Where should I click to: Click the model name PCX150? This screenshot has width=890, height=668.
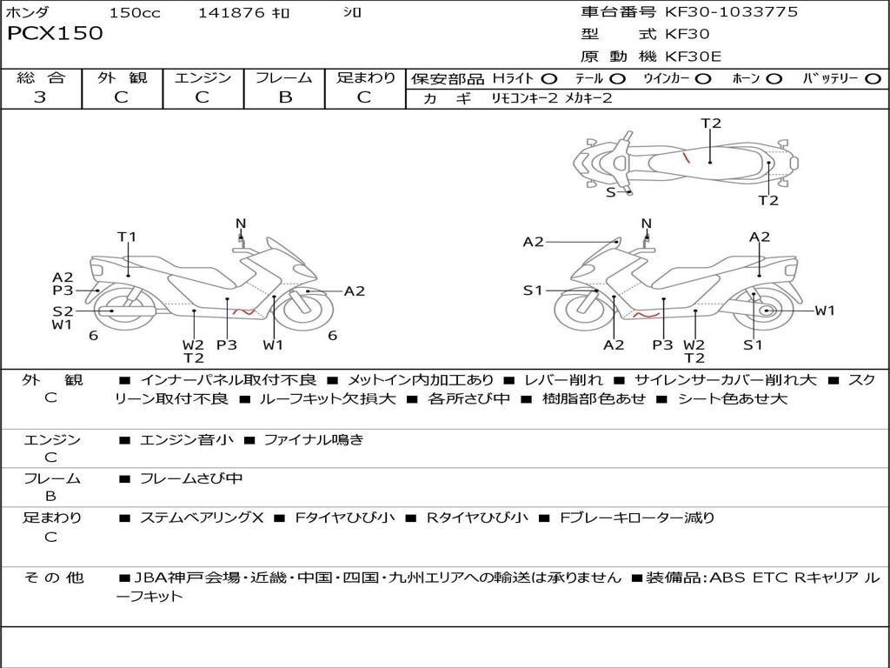[x=55, y=34]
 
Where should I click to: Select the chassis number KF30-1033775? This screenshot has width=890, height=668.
[x=731, y=12]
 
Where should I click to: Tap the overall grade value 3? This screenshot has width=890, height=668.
[x=40, y=97]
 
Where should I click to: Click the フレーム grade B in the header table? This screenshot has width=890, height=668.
[x=285, y=97]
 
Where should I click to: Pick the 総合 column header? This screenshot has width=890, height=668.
[x=40, y=78]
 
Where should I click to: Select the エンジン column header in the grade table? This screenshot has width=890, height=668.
[x=203, y=78]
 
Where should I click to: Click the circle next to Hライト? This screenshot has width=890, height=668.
[x=548, y=79]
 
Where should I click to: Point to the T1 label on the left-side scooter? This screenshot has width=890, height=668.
[x=127, y=237]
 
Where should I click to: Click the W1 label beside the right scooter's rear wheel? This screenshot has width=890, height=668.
[x=824, y=311]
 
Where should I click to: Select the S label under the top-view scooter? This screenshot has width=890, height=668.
[x=610, y=192]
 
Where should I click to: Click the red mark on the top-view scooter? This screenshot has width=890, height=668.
[x=687, y=158]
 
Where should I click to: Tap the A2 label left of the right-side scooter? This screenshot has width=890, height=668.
[x=533, y=242]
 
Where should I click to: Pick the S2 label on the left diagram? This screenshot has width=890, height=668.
[x=62, y=311]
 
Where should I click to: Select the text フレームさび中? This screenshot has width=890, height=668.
[x=191, y=478]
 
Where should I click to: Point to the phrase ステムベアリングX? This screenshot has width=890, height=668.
[x=202, y=518]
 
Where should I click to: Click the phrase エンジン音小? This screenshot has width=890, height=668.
[x=187, y=440]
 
